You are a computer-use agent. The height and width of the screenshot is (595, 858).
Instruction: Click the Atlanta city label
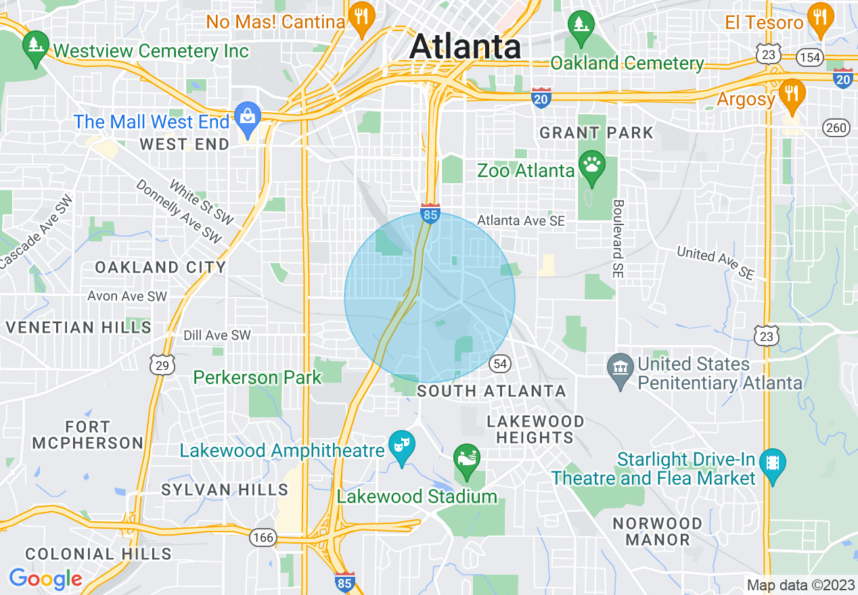click(x=465, y=47)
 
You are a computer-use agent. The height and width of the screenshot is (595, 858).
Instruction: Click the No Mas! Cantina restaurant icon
click(x=361, y=18)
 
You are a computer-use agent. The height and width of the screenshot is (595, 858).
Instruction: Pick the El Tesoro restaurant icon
click(x=821, y=19)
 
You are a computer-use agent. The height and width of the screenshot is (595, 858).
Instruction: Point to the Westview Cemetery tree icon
click(x=35, y=46)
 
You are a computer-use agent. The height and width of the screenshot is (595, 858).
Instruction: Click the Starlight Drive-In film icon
click(x=773, y=465)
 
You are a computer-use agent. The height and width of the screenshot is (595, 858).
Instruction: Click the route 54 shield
click(x=500, y=363)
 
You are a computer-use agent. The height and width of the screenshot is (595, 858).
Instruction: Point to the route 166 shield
click(x=263, y=538)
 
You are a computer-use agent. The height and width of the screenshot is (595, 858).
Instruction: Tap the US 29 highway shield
click(x=162, y=364)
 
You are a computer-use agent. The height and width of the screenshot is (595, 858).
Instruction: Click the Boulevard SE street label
click(x=618, y=239)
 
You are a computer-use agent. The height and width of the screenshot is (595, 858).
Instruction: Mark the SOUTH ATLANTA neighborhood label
click(x=491, y=391)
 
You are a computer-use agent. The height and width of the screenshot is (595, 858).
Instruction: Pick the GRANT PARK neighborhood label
click(x=596, y=133)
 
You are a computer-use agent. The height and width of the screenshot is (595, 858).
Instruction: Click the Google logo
click(x=45, y=579)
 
